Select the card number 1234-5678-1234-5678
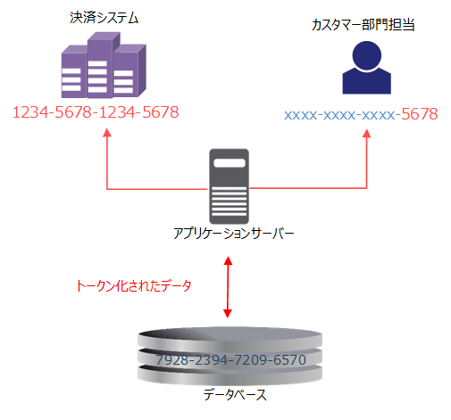click(96, 112)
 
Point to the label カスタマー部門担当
click(367, 25)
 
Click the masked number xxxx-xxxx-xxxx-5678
click(360, 114)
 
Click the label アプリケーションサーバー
click(232, 234)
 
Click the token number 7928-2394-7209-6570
click(230, 360)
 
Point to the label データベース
click(230, 393)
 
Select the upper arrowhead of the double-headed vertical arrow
click(229, 260)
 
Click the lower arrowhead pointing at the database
click(229, 314)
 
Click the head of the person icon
click(367, 55)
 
